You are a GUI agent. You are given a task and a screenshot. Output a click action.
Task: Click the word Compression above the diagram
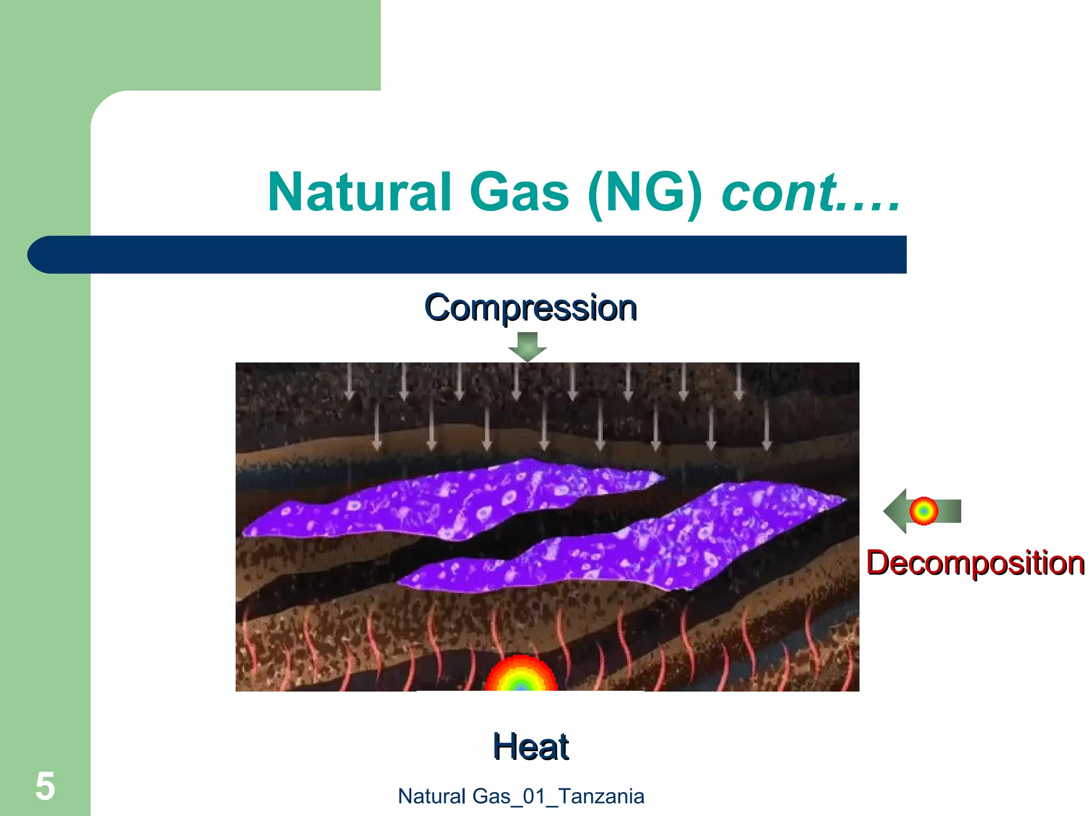[x=530, y=308]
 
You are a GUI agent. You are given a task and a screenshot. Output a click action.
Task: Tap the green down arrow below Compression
[x=528, y=347]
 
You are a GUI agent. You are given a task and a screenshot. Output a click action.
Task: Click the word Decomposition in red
[x=975, y=563]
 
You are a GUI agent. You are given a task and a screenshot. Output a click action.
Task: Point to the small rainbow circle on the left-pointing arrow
[x=924, y=511]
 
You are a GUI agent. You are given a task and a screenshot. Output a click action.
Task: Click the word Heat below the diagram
[x=530, y=746]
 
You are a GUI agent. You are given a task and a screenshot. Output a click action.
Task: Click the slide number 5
[x=45, y=786]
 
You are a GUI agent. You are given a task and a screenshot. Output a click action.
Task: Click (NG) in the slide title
[x=645, y=192]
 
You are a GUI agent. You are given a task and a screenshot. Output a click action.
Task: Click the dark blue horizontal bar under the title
[x=478, y=254]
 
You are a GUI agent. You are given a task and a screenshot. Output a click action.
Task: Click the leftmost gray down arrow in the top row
[x=349, y=381]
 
